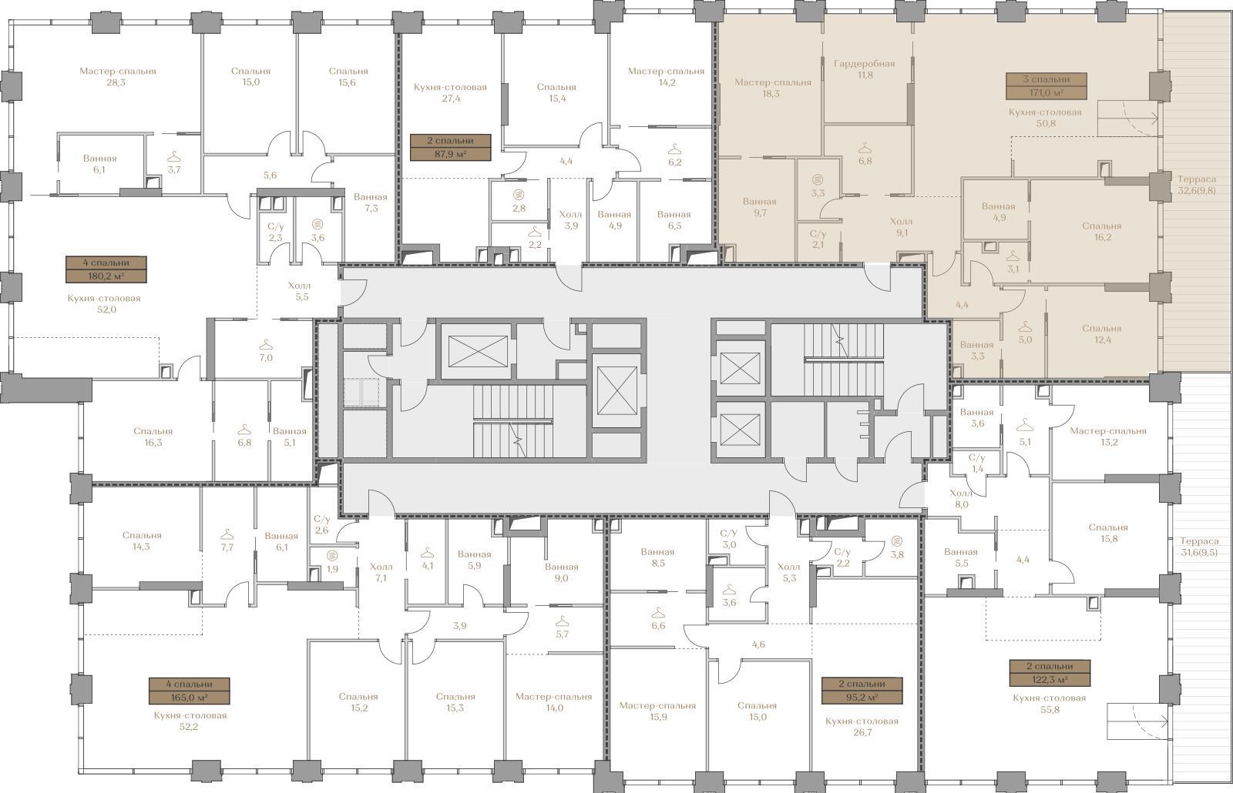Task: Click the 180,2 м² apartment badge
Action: [x=106, y=269]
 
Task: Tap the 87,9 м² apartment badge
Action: [x=450, y=147]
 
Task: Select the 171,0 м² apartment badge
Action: [x=1047, y=86]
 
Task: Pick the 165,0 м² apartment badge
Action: [x=189, y=691]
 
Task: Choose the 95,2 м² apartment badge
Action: [x=862, y=691]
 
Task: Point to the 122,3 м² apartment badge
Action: [x=1050, y=673]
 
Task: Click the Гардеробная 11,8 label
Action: [x=864, y=69]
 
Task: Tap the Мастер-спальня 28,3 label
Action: [x=117, y=77]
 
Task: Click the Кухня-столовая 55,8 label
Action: [x=1049, y=704]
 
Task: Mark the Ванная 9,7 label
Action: [x=759, y=207]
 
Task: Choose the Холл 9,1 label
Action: [x=901, y=227]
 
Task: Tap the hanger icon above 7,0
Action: [x=266, y=345]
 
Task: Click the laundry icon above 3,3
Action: [x=818, y=180]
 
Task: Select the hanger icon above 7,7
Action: [x=227, y=534]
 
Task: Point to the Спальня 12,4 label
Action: [x=1101, y=334]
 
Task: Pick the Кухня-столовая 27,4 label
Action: [x=450, y=93]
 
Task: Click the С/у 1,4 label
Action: [x=977, y=463]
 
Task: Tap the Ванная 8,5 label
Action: [x=657, y=557]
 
